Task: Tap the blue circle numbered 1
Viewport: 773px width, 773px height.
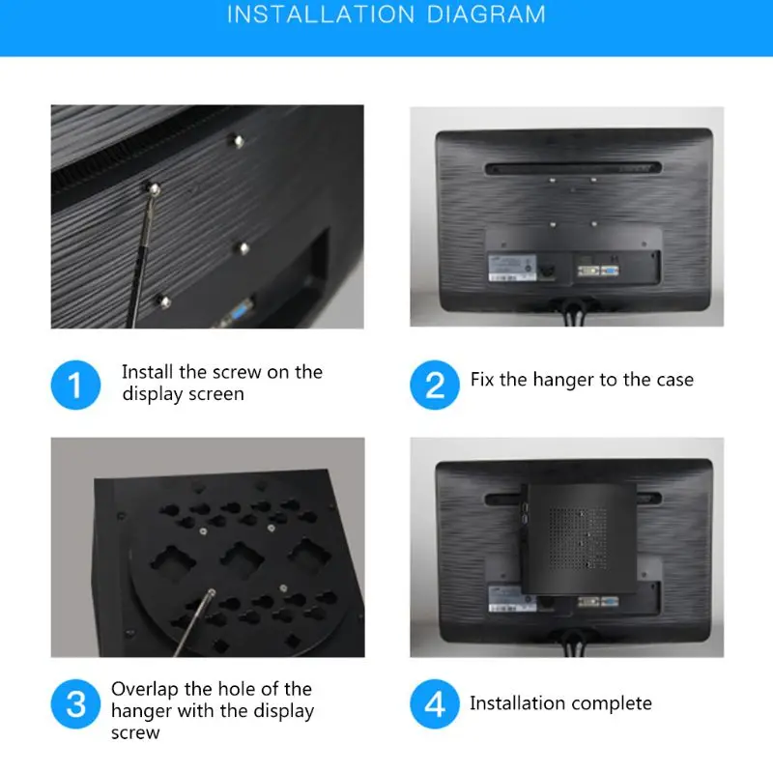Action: coord(75,384)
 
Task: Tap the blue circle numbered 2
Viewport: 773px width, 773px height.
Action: coord(435,384)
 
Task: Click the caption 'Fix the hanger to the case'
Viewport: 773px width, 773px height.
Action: coord(582,380)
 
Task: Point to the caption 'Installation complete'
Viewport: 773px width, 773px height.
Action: coord(560,703)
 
